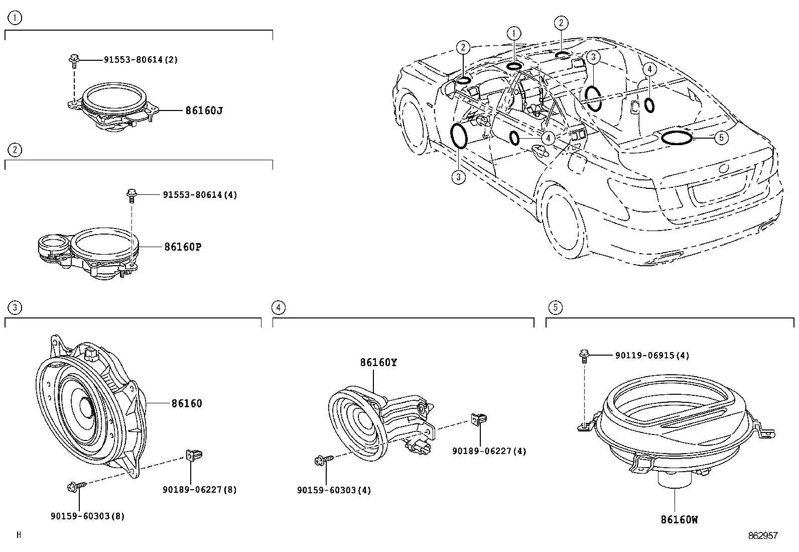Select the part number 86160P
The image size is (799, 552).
coord(182,247)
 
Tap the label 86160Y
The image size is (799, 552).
coord(377,362)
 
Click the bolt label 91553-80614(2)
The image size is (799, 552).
coord(141,60)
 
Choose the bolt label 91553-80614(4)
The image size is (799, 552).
coord(199,194)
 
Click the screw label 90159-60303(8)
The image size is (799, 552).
coord(87,516)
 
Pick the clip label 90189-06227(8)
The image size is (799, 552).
coord(199,489)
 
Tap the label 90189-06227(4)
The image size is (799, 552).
coord(489,451)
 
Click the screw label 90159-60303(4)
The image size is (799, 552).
coord(334,490)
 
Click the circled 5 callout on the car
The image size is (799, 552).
coord(720,137)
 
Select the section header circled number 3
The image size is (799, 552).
coord(16,307)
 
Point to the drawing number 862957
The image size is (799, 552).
coord(762,536)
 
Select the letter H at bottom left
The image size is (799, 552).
coord(19,535)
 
